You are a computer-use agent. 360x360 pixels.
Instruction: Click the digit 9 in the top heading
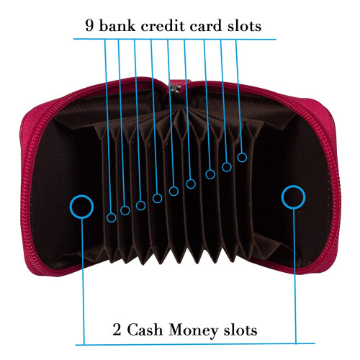pyautogui.click(x=89, y=25)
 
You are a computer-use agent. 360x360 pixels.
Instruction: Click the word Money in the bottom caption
pyautogui.click(x=194, y=330)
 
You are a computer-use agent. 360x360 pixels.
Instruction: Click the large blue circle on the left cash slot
pyautogui.click(x=70, y=207)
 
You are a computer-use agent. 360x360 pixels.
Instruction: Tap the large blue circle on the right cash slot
pyautogui.click(x=282, y=197)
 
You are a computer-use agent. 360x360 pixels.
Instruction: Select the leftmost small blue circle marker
pyautogui.click(x=107, y=217)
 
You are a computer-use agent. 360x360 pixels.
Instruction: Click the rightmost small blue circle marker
pyautogui.click(x=238, y=158)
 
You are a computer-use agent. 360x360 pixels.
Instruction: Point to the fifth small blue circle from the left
pyautogui.click(x=169, y=191)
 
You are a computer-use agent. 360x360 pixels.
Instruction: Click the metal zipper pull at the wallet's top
pyautogui.click(x=175, y=88)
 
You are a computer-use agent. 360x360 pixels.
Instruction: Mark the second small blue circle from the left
pyautogui.click(x=120, y=210)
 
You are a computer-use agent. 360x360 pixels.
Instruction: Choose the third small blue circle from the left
pyautogui.click(x=136, y=205)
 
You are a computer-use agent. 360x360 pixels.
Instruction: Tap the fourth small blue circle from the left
pyautogui.click(x=153, y=198)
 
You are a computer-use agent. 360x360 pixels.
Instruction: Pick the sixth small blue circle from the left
pyautogui.click(x=186, y=184)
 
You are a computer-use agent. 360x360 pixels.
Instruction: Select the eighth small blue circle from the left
pyautogui.click(x=222, y=167)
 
